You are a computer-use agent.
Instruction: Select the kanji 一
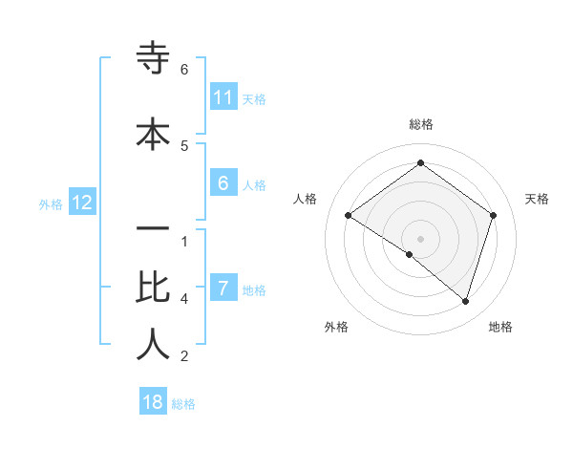(153, 231)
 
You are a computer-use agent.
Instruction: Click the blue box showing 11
(223, 97)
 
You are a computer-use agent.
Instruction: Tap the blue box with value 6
(223, 183)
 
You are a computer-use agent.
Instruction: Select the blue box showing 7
(223, 289)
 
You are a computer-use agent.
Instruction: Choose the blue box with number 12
(81, 203)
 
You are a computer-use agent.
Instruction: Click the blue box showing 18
(153, 402)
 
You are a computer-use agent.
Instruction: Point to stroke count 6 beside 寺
(184, 70)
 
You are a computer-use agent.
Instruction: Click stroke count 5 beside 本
(184, 145)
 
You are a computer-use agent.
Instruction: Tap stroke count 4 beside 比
(184, 299)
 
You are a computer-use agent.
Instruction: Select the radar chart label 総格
(420, 124)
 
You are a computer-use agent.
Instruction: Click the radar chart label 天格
(538, 199)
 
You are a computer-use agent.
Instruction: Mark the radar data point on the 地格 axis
(465, 301)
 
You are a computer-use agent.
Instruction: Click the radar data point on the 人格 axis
(348, 216)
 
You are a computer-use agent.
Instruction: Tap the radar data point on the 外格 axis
(410, 254)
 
